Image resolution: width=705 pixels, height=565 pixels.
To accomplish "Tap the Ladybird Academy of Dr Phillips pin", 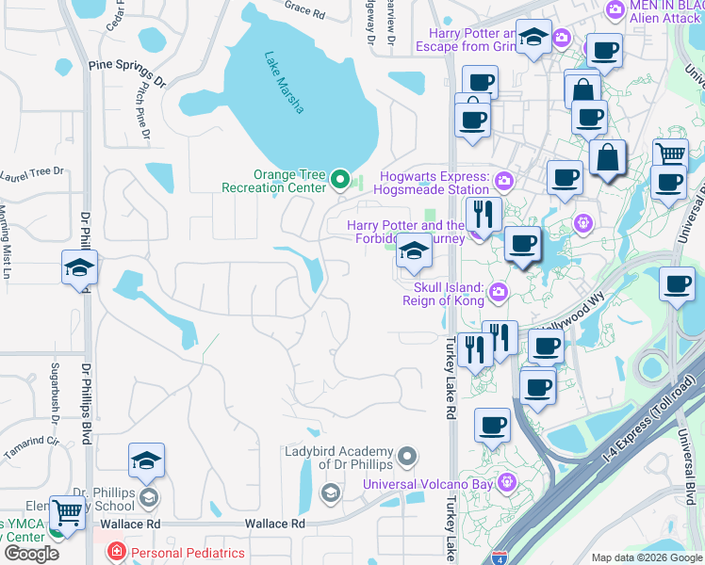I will [x=407, y=458].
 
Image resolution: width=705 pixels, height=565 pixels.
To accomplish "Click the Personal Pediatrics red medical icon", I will [x=116, y=552].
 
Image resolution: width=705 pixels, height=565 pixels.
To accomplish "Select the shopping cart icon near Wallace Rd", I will [x=67, y=512].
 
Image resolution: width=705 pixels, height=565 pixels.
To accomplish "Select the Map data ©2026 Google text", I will [x=646, y=557].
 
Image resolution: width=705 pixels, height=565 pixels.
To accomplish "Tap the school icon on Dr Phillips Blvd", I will [x=80, y=268].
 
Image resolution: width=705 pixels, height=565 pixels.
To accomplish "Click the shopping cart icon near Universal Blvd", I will [x=670, y=153].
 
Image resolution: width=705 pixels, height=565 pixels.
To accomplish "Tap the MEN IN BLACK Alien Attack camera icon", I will [x=615, y=9].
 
